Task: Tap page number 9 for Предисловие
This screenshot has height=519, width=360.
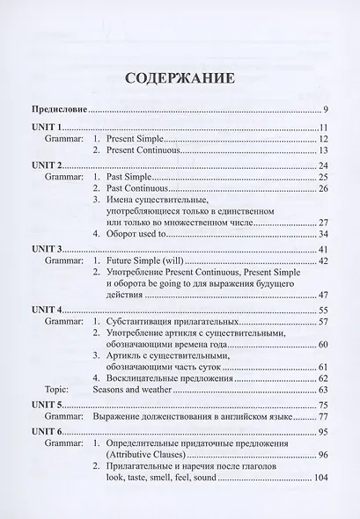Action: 325,110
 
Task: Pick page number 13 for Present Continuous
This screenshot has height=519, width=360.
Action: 322,152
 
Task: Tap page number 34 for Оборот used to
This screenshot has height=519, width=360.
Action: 322,235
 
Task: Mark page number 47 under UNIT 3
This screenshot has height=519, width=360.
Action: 322,296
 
